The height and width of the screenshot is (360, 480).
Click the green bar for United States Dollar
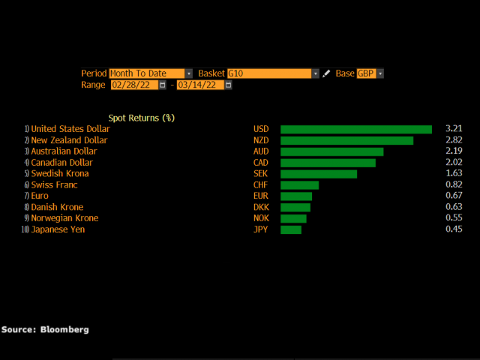(x=356, y=129)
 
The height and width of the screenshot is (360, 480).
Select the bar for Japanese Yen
(x=291, y=229)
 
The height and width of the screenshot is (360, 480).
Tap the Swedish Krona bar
(x=319, y=173)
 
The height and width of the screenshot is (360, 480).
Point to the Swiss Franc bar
(x=299, y=184)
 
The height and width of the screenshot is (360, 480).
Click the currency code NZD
(x=261, y=140)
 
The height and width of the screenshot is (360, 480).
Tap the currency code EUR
(x=260, y=196)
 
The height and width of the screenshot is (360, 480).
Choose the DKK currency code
(x=261, y=207)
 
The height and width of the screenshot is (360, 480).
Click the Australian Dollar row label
(x=64, y=151)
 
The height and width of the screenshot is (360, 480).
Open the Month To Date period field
(x=147, y=73)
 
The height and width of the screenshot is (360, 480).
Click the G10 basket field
(x=269, y=73)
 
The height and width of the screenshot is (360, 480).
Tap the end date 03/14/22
(x=199, y=85)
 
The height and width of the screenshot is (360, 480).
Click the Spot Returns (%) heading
(x=141, y=118)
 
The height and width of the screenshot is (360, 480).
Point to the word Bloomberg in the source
(x=64, y=329)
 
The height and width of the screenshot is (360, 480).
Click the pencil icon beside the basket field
(x=326, y=73)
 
